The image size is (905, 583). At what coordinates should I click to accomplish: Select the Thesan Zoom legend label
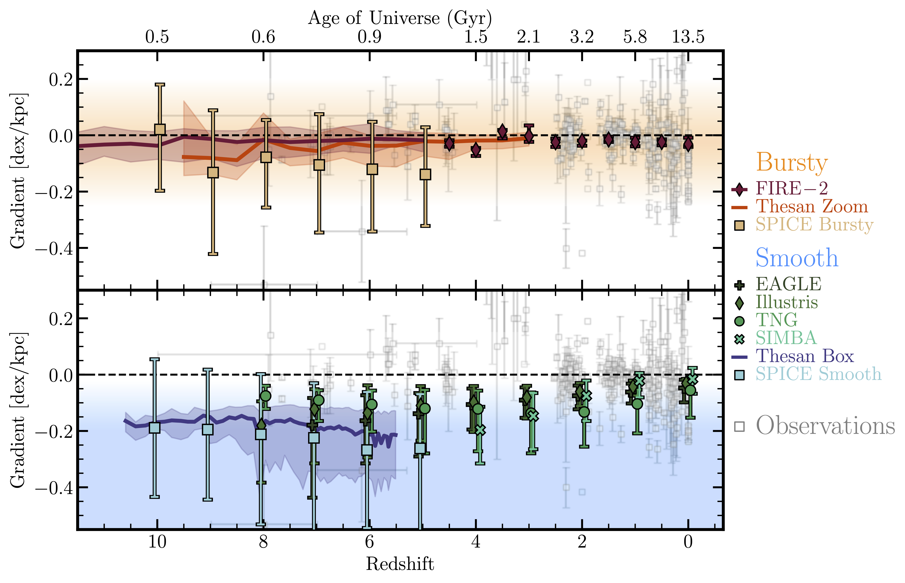tap(812, 207)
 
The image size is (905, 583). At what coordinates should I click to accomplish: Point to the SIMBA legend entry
tap(786, 338)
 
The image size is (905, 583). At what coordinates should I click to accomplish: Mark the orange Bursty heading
tap(791, 163)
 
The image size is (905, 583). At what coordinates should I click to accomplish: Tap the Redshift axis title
tap(400, 564)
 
